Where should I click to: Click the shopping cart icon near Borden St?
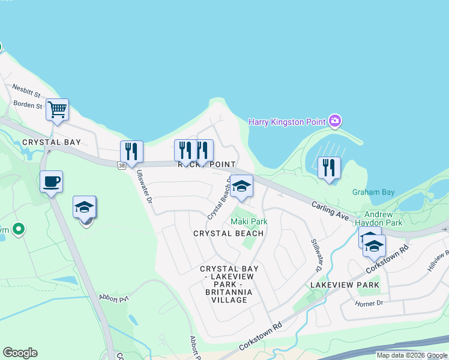point(57,110)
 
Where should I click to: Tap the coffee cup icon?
point(51,181)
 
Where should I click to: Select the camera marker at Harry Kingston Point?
point(335,122)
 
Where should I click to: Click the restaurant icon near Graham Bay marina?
point(329,167)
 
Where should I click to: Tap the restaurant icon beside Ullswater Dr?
point(131,151)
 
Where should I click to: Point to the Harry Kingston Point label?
point(287,122)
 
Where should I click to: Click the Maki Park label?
point(249,221)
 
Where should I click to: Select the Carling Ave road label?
point(330,214)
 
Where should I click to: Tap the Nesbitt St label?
point(25,94)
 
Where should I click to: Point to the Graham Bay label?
point(373,193)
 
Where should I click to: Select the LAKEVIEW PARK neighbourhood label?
point(345,284)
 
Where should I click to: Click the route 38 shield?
point(122,164)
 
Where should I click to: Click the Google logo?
point(20,353)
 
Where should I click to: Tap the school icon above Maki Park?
point(241,186)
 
